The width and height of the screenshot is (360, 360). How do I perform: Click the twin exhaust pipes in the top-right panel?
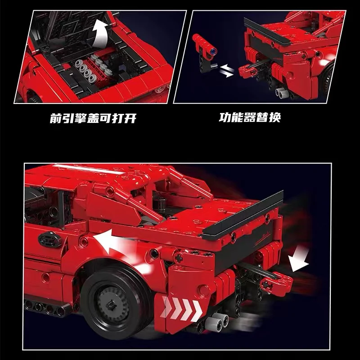tap(281, 92)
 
